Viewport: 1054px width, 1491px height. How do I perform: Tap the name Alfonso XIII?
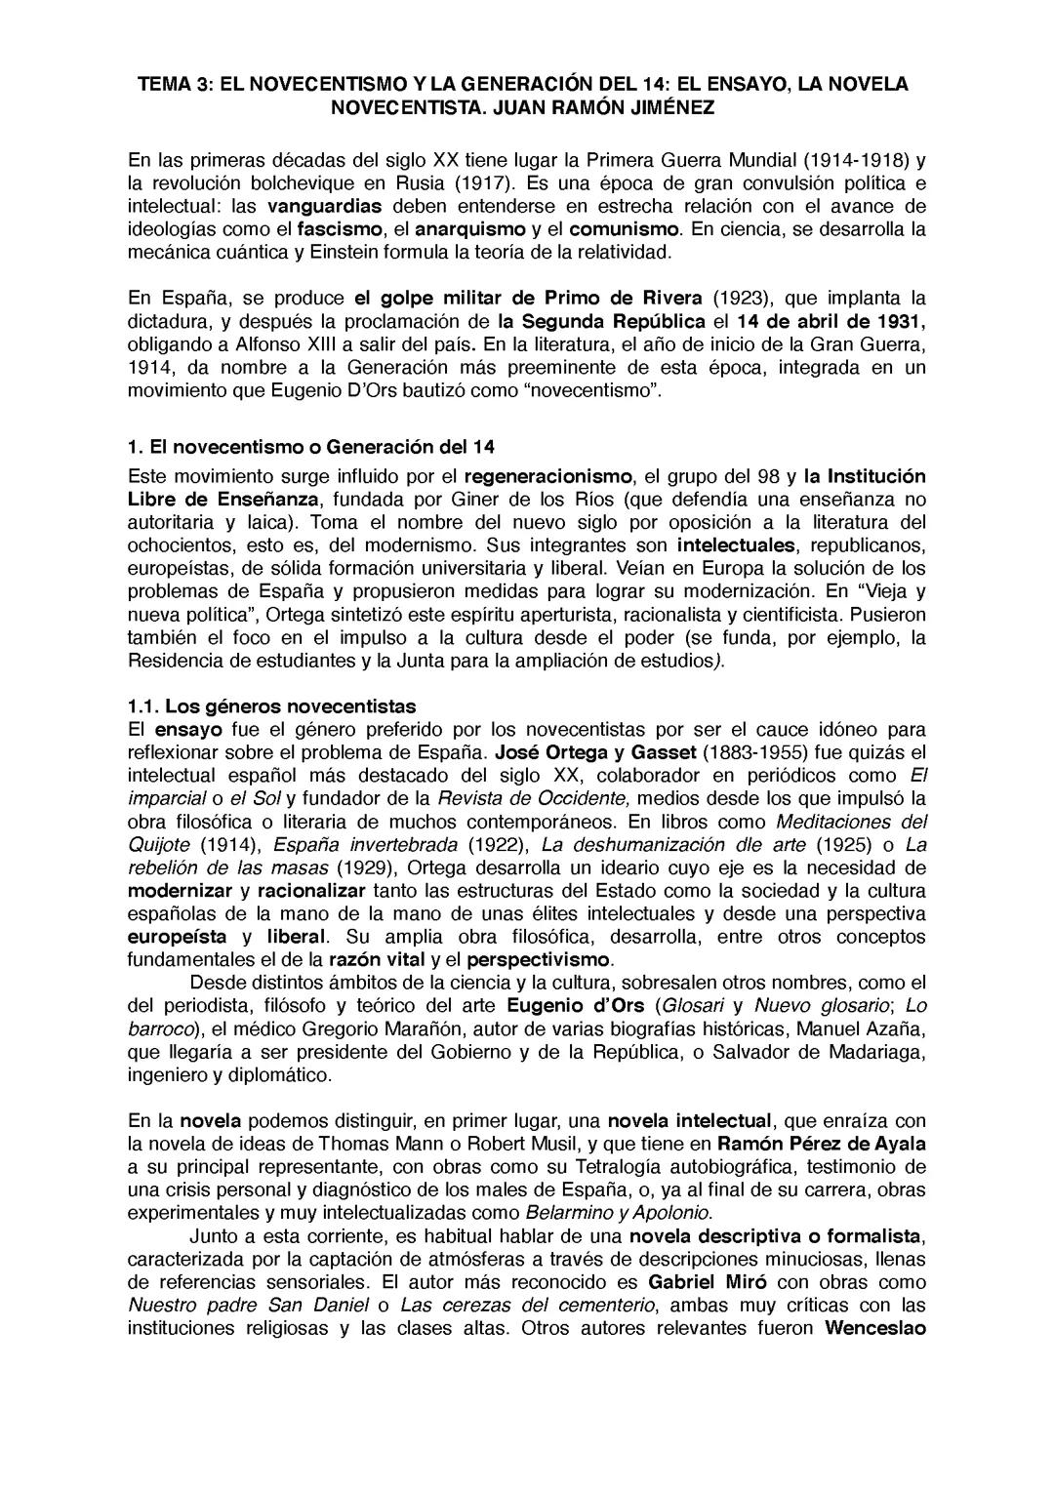point(271,345)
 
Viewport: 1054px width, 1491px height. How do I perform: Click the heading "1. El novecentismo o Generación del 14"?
point(311,447)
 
